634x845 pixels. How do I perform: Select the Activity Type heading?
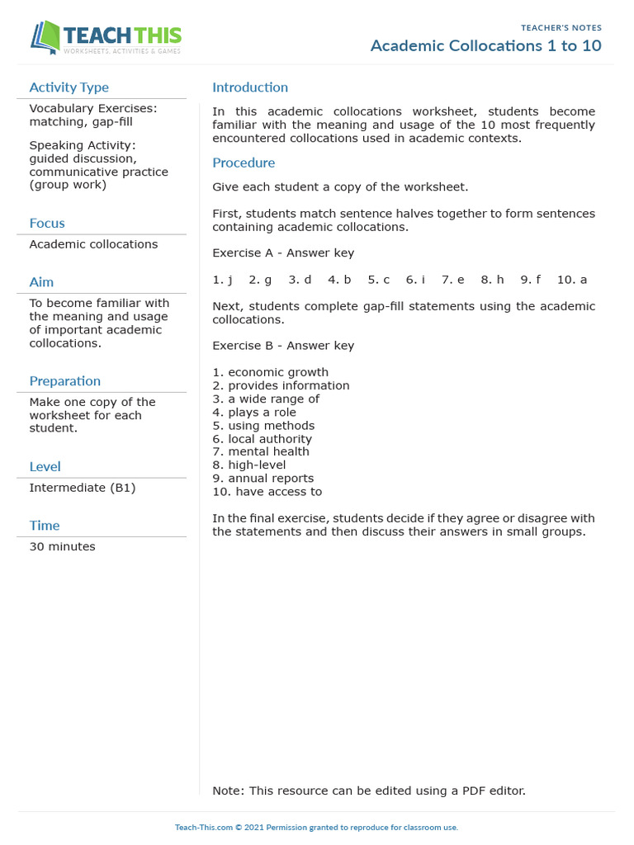(69, 87)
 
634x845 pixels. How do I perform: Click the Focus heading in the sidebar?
(47, 223)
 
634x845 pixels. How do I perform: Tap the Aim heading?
(41, 282)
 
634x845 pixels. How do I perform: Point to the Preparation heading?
(65, 381)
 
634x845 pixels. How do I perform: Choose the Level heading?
(45, 467)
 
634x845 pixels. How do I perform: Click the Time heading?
(45, 526)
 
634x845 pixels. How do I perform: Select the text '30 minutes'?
(62, 546)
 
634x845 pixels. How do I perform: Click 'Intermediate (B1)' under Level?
(83, 488)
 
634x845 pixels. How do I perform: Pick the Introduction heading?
(250, 87)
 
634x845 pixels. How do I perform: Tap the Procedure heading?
(244, 163)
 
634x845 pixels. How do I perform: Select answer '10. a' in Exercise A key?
(572, 280)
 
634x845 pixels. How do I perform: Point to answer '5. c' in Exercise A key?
(379, 280)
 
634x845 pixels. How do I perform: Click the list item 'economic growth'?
(278, 372)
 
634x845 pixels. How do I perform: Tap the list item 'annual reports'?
(271, 478)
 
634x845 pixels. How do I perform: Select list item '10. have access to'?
(267, 492)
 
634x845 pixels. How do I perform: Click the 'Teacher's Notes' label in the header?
(561, 28)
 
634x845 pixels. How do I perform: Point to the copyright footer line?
(316, 827)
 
